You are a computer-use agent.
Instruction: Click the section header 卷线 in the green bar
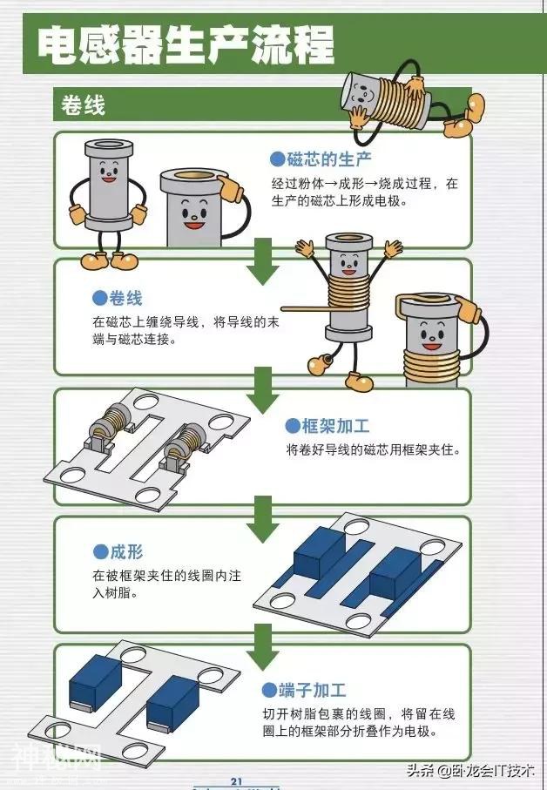84,106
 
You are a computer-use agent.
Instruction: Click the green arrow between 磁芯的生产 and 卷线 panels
261,262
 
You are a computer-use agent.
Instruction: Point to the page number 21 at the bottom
236,780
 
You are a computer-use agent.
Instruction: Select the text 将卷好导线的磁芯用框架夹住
373,450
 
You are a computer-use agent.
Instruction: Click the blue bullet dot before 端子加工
270,691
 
